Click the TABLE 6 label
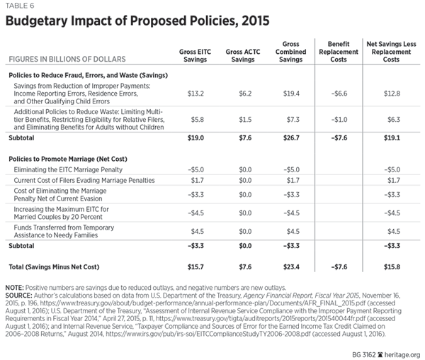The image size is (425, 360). (21, 6)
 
